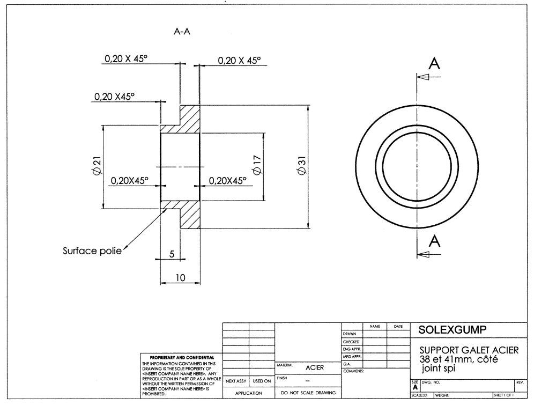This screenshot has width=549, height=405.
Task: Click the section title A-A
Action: coord(182,32)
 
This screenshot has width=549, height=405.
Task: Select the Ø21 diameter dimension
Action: coord(97,167)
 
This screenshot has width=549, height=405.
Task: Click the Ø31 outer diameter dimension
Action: coord(301,167)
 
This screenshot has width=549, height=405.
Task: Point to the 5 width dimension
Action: coord(171,255)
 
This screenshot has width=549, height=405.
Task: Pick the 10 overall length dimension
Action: coord(180,278)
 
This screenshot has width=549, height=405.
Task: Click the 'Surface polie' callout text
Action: coord(92,251)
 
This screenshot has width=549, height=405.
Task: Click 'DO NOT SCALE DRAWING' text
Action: coord(308,393)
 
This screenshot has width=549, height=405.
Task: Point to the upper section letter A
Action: coord(435,64)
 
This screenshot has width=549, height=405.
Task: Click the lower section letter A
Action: coord(435,241)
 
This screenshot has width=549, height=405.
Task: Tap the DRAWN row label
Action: coord(350,334)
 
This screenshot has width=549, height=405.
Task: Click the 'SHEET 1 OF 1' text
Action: coord(503,395)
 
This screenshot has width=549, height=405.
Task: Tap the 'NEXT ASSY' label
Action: coord(236,381)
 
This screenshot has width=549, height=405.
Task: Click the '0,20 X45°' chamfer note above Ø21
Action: coord(114,97)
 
